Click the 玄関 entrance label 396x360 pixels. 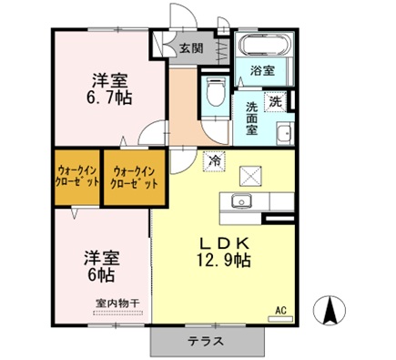(190, 48)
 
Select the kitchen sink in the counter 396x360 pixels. (242, 201)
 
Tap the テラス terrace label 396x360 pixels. (208, 343)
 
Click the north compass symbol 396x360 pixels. (329, 310)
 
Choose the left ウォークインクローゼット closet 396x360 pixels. (77, 176)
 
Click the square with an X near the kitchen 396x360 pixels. (249, 176)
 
